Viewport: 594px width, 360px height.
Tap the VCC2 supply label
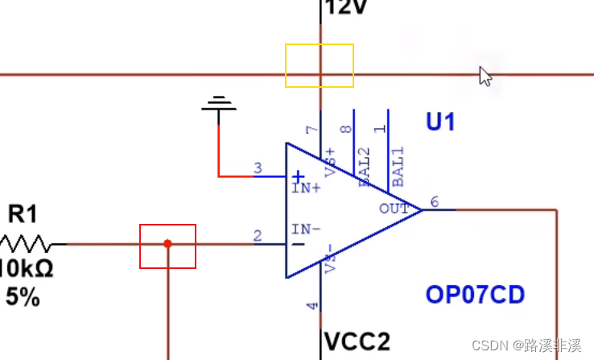pos(357,341)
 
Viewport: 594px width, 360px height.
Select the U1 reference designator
pos(440,122)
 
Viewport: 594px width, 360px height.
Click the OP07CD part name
pos(475,295)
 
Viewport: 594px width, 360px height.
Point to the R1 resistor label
pos(23,214)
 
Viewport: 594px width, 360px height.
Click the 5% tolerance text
pos(23,297)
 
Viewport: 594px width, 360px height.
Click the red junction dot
pos(167,243)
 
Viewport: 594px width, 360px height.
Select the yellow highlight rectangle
pos(320,65)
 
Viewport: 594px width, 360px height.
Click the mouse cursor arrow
pos(485,76)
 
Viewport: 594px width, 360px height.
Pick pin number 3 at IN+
pos(258,168)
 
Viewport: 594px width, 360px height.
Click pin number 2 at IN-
pos(258,236)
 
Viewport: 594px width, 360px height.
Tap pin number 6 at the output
pos(435,201)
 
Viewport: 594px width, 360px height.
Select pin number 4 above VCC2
pos(313,305)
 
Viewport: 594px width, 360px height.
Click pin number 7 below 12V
pos(313,130)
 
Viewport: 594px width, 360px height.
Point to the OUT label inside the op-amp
pos(394,209)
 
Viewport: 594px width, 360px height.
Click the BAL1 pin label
pos(398,167)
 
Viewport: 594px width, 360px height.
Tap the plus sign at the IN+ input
pos(298,176)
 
